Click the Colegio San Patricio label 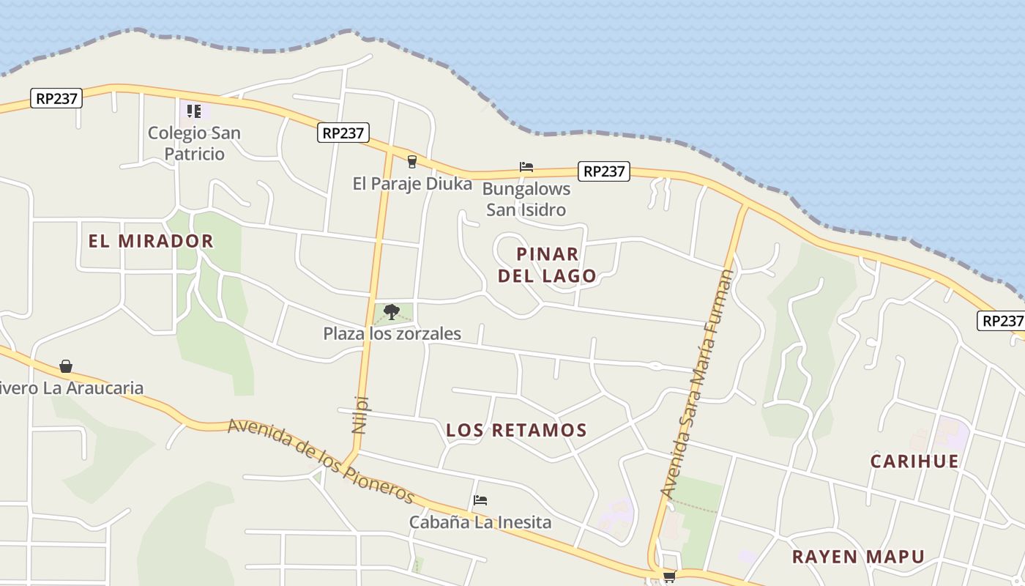coord(194,144)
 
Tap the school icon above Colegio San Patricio coord(194,111)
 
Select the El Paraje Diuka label coord(412,184)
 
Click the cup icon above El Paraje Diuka coord(412,162)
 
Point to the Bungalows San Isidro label coord(526,199)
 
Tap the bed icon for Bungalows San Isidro coord(526,167)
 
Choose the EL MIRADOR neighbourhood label coord(151,241)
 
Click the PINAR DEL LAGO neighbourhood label coord(547,264)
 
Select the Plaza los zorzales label coord(392,334)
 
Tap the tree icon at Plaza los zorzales coord(392,312)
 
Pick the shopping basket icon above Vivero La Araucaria coord(66,366)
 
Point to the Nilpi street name coord(360,415)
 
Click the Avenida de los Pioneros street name coord(321,461)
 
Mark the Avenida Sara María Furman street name coord(697,385)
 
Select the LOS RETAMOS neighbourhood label coord(517,431)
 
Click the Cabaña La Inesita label coord(480,522)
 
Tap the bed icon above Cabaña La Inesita coord(480,500)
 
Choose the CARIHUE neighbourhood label coord(914,461)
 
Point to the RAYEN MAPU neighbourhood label coord(859,557)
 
